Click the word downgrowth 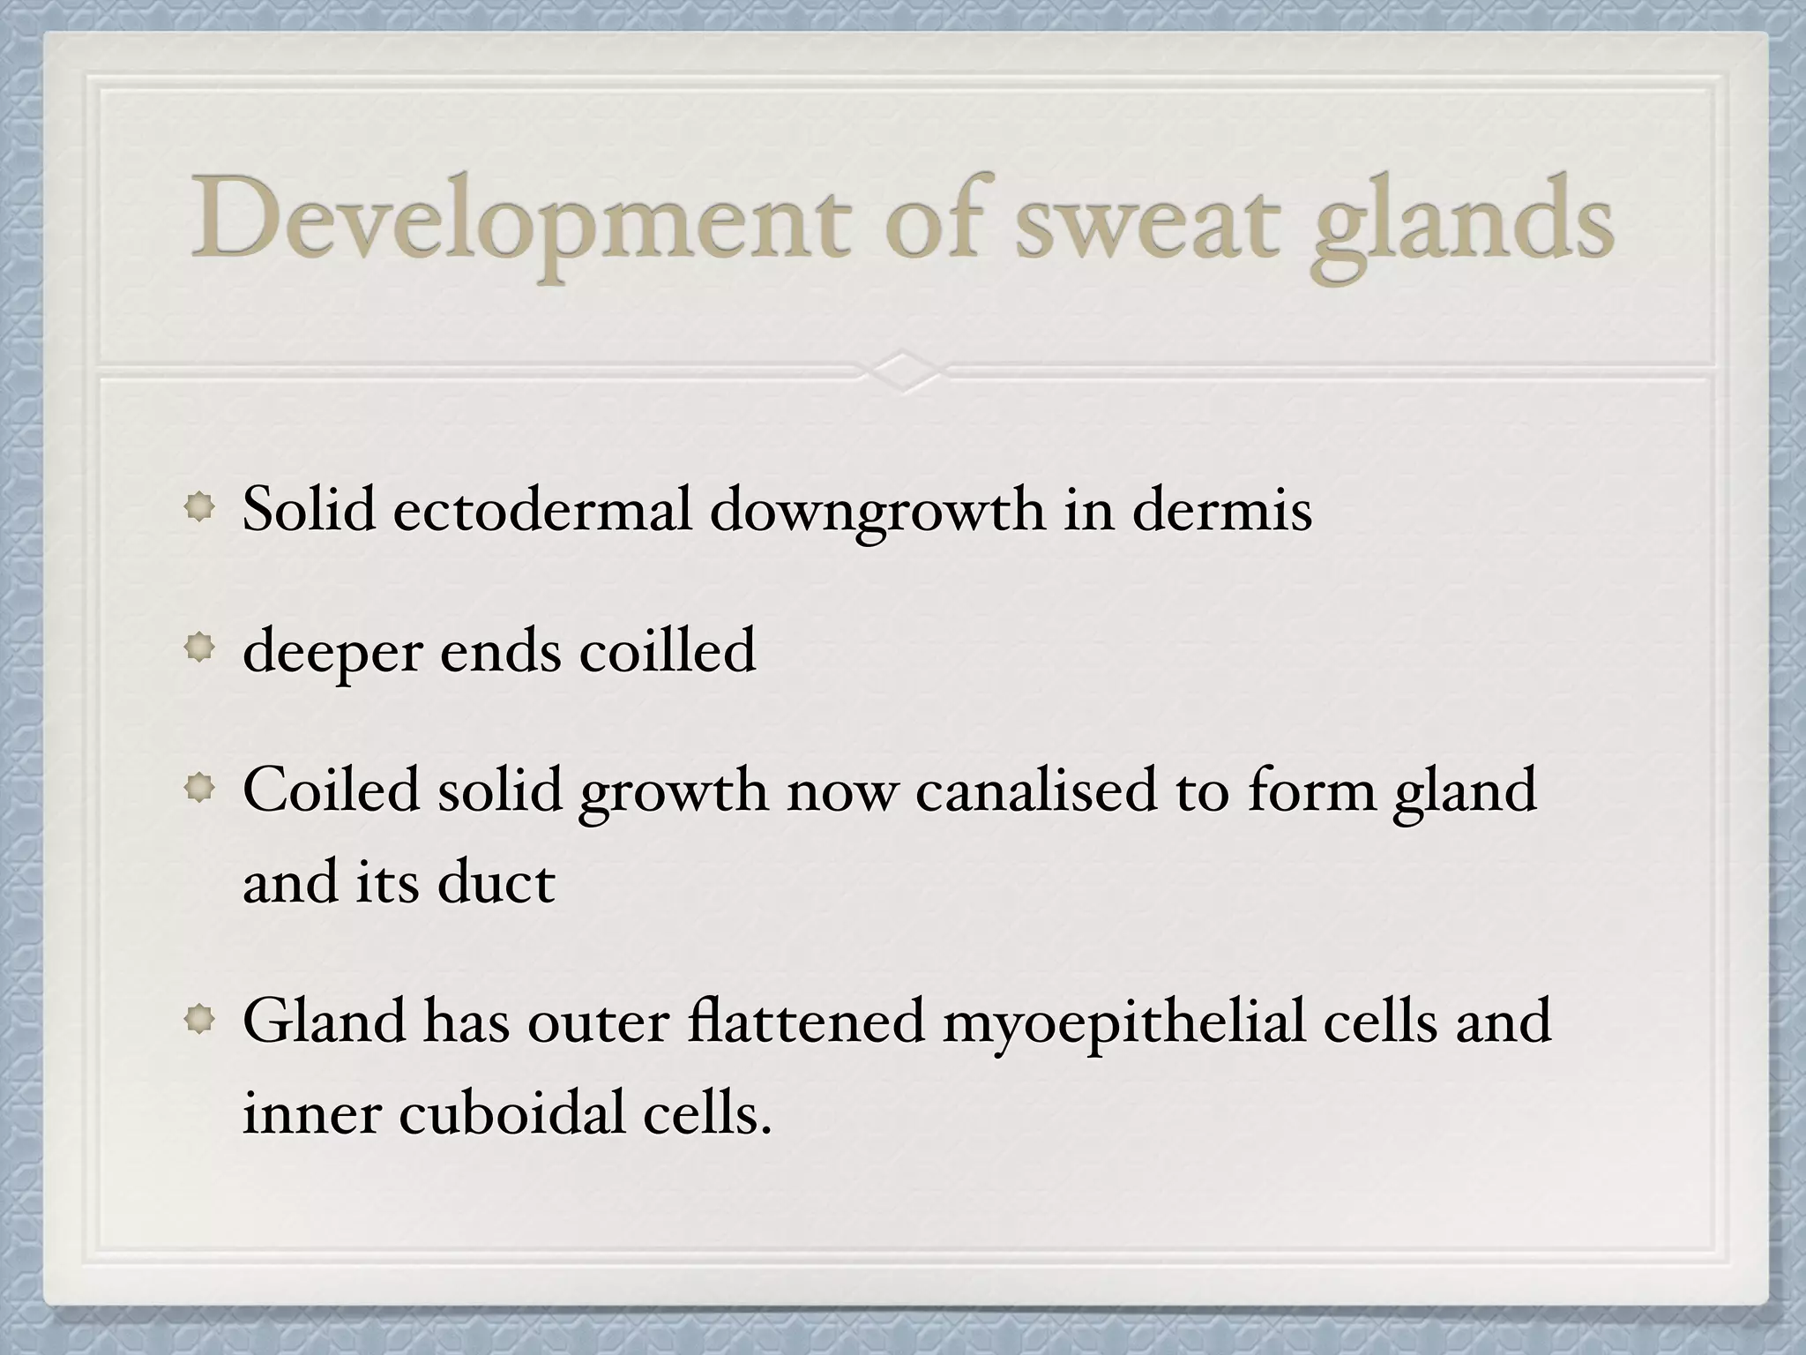(x=877, y=512)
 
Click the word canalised (x=1035, y=790)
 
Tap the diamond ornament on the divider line (x=903, y=371)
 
